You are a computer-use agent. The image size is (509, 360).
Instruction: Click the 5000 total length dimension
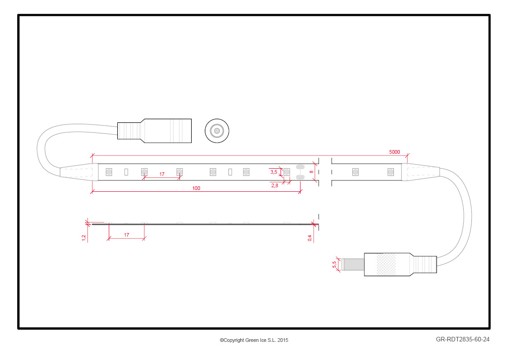(x=394, y=152)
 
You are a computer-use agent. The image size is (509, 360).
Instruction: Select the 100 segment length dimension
(x=196, y=188)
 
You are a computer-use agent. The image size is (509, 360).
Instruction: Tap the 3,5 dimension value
(x=274, y=172)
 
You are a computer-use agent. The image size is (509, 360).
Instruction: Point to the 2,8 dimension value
(x=275, y=186)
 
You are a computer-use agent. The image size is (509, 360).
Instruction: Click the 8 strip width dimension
(x=312, y=172)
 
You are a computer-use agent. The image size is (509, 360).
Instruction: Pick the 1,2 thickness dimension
(x=84, y=238)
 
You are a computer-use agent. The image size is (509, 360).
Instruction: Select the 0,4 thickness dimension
(x=310, y=238)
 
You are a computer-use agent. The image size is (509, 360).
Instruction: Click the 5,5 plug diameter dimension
(x=334, y=265)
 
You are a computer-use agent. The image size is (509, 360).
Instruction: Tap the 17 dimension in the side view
(x=126, y=235)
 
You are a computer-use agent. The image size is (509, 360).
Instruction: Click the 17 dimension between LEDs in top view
(x=162, y=174)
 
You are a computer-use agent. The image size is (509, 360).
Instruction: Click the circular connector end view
(x=217, y=131)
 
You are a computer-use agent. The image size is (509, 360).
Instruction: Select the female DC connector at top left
(x=155, y=131)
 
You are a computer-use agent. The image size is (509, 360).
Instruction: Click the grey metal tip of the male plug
(x=353, y=265)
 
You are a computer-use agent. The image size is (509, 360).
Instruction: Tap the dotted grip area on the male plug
(x=386, y=265)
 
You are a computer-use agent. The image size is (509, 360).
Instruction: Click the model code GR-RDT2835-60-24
(x=463, y=340)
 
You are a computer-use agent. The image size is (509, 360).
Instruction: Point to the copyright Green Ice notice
(x=254, y=340)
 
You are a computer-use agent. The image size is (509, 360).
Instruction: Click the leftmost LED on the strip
(x=109, y=172)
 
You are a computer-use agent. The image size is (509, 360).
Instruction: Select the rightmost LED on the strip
(x=391, y=172)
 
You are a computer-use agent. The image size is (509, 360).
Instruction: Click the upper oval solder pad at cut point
(x=300, y=167)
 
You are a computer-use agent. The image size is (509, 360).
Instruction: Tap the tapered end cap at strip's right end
(x=420, y=172)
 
